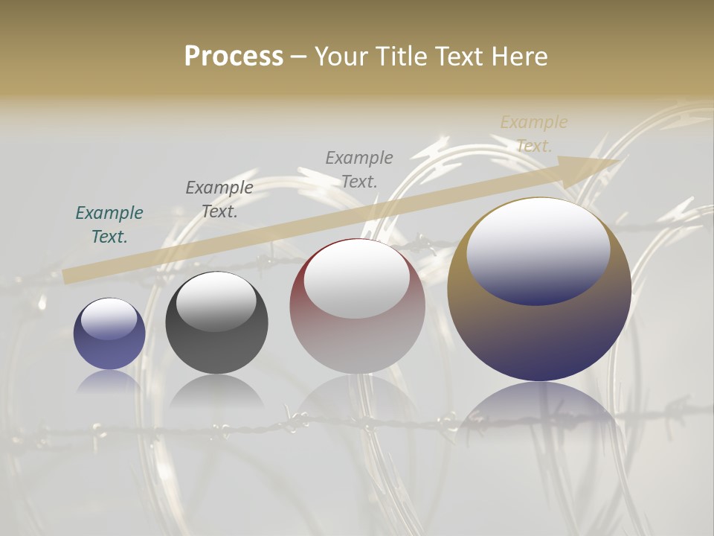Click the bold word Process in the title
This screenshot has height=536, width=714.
234,57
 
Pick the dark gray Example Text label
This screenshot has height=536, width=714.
219,200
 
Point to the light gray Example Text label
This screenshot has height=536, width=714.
359,170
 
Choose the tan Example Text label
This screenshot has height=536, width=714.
534,134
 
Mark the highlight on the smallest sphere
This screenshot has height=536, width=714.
109,319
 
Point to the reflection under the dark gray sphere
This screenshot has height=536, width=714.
216,391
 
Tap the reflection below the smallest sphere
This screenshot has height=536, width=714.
109,381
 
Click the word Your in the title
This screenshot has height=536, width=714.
340,57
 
